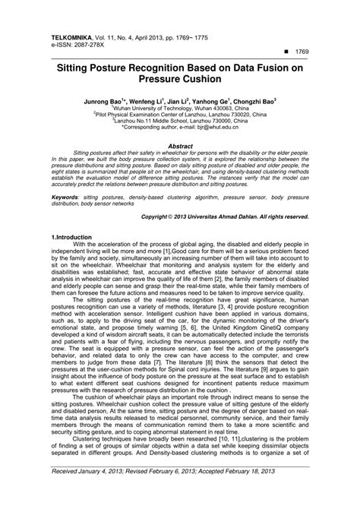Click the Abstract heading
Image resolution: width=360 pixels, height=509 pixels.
pos(179,144)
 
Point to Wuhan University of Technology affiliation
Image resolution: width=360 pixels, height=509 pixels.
pos(180,108)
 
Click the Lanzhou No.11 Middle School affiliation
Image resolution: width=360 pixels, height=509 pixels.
pos(180,122)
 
